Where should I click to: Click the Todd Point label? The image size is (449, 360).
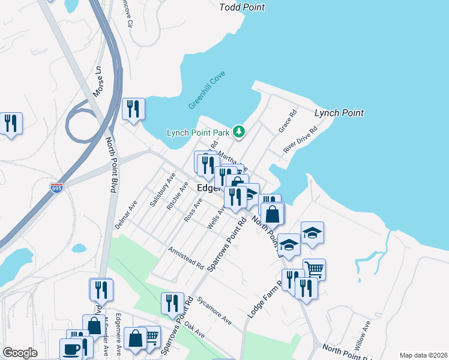point(242,7)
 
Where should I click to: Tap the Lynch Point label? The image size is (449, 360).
point(339,113)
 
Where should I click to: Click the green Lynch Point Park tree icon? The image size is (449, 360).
point(239,132)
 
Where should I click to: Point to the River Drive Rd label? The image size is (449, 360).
point(300,140)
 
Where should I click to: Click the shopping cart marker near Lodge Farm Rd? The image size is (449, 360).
point(314,269)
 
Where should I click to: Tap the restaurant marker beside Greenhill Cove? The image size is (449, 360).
point(134,109)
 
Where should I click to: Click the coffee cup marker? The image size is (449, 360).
point(71,348)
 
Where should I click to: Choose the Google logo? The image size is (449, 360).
point(20,353)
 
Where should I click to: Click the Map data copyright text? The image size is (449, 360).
point(423,355)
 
